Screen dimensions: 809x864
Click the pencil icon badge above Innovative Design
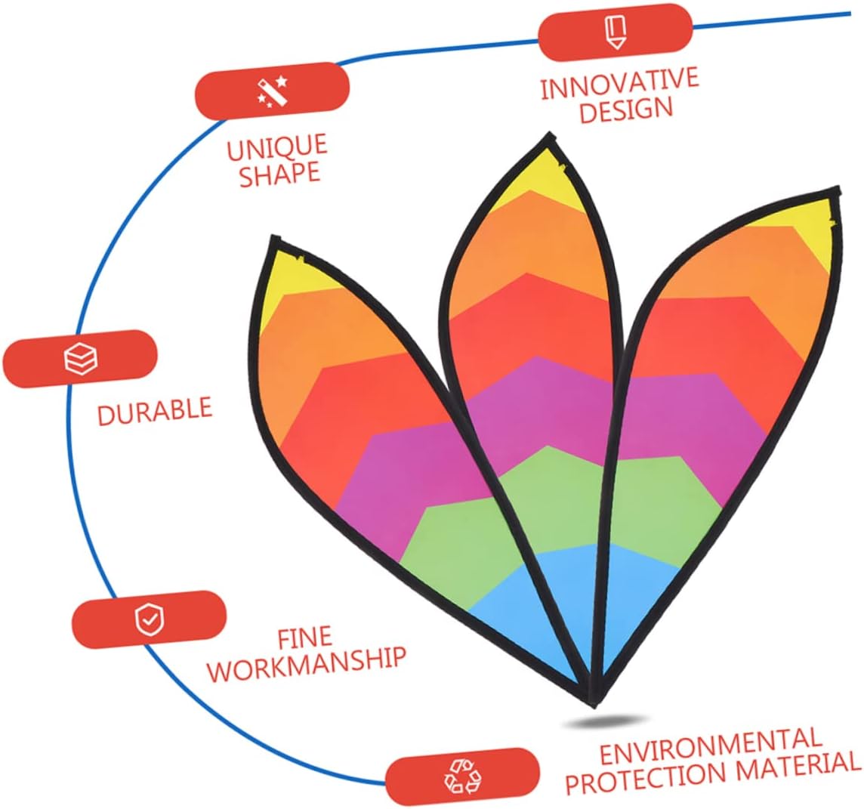[616, 32]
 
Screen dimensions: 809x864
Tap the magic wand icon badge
[272, 91]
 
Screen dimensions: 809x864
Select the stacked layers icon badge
[81, 358]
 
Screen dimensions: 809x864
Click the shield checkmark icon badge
[148, 619]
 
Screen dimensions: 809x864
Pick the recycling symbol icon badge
[462, 776]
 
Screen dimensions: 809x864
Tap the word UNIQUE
[277, 147]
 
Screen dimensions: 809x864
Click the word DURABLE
[154, 412]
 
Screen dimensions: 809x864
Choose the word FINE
[304, 639]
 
